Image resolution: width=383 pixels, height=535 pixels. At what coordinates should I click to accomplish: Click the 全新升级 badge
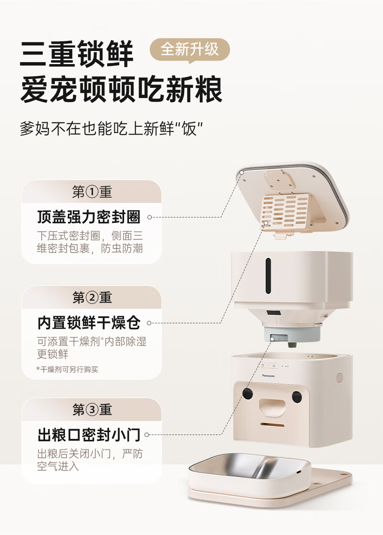190,50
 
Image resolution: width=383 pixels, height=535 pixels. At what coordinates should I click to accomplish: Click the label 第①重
92,192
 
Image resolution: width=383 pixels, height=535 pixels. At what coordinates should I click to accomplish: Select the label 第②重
92,298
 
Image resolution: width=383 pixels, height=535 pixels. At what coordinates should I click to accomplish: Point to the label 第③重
92,410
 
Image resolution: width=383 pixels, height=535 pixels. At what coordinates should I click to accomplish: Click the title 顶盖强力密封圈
89,217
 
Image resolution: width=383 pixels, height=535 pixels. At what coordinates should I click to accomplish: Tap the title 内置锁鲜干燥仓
89,323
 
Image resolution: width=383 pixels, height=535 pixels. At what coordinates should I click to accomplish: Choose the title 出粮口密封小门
89,435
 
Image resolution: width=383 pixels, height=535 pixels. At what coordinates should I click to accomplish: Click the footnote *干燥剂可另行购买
67,369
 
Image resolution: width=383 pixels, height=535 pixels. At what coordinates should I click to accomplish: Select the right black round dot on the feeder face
297,396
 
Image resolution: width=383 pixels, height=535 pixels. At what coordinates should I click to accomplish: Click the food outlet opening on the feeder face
272,406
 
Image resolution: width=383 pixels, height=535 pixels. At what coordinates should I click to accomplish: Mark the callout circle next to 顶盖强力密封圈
150,217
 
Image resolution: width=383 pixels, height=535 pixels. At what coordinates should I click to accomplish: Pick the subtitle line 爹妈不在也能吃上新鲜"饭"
111,129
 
